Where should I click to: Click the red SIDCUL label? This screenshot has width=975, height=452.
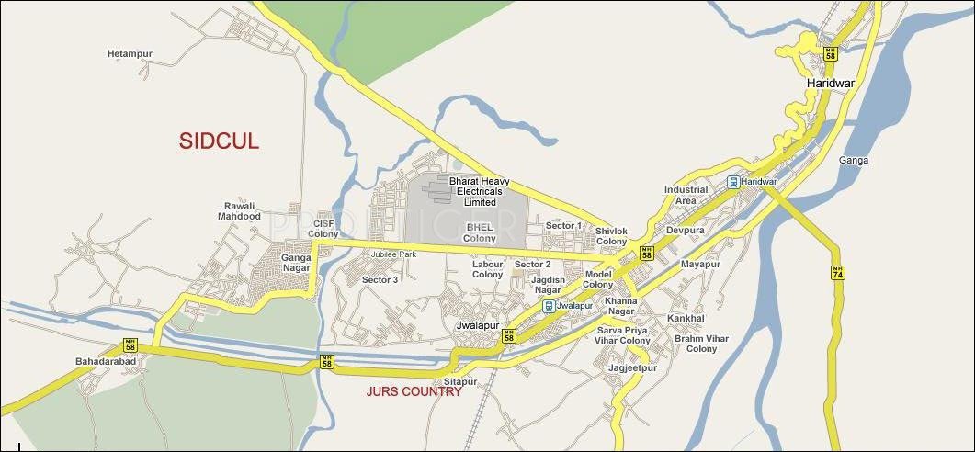219,141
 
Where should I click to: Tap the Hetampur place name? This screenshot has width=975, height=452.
130,54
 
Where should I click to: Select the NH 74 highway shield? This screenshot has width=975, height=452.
837,273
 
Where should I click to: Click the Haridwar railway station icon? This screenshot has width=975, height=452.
732,182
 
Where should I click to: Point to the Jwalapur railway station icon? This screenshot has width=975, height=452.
549,306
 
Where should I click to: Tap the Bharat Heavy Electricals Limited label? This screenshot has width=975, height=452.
479,192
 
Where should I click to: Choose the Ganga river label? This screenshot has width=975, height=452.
853,161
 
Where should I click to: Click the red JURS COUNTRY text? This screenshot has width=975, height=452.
414,392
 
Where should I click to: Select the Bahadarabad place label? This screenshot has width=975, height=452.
106,362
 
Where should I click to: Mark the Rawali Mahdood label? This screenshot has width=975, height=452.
239,211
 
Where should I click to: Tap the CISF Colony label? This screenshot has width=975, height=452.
323,229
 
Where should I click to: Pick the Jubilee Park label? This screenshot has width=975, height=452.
394,254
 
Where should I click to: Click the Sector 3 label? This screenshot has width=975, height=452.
380,279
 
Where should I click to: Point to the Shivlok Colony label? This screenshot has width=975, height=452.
611,236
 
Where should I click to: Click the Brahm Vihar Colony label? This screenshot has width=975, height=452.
701,344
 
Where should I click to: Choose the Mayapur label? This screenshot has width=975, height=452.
700,265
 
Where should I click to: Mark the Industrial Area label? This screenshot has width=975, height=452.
686,195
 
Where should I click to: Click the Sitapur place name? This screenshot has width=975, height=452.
460,380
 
